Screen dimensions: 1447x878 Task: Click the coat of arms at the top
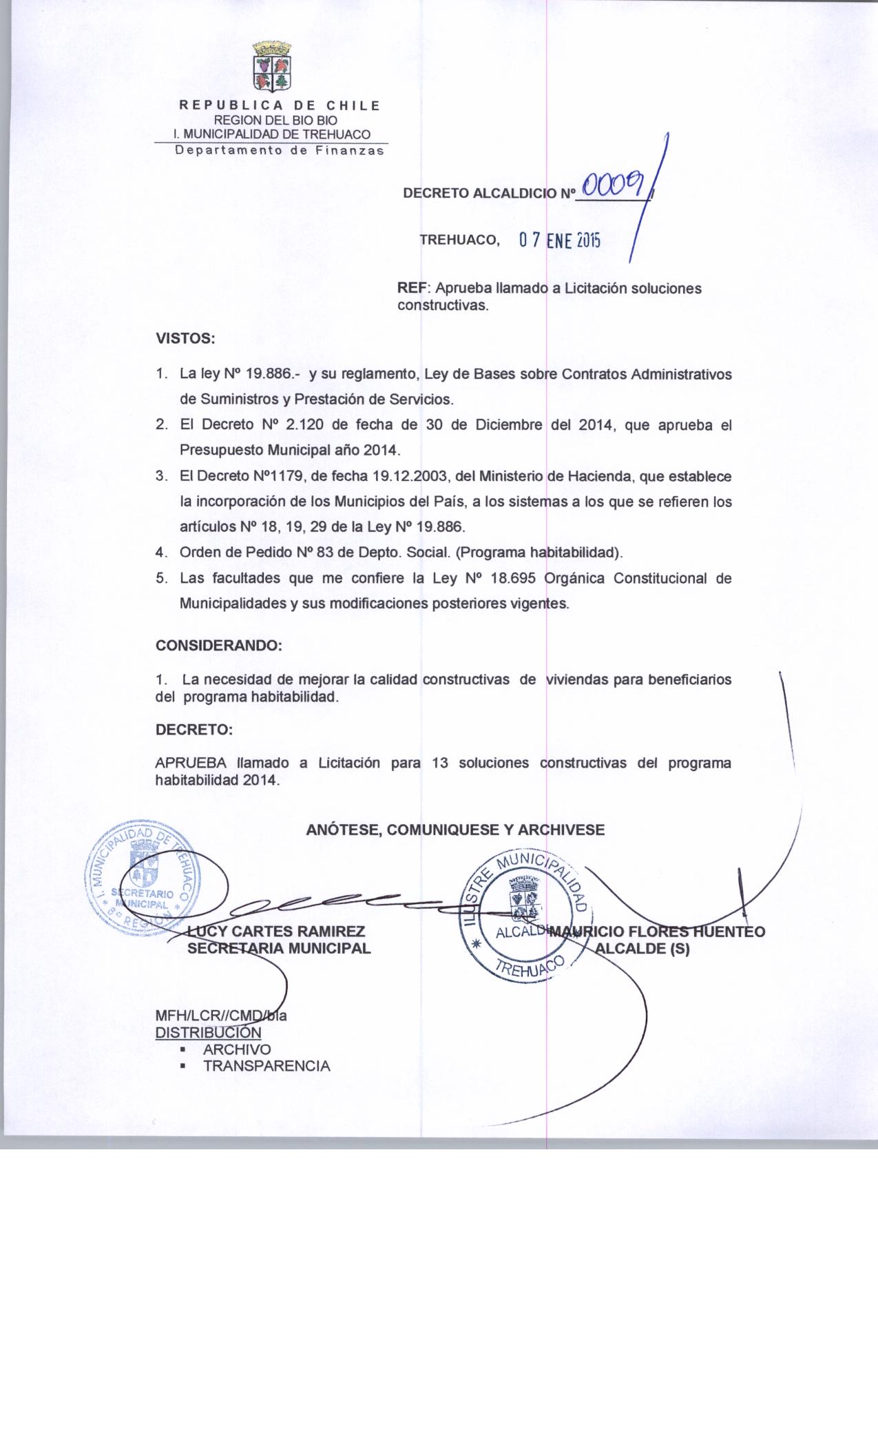pyautogui.click(x=273, y=68)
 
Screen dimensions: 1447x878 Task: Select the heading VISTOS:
pyautogui.click(x=186, y=339)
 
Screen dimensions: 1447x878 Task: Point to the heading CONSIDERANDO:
pyautogui.click(x=219, y=646)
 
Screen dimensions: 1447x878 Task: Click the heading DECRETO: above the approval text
pyautogui.click(x=194, y=730)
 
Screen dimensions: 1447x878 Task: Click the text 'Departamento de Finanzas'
pyautogui.click(x=279, y=151)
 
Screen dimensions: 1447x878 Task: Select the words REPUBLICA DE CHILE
pyautogui.click(x=280, y=106)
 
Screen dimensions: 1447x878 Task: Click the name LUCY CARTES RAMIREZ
pyautogui.click(x=276, y=932)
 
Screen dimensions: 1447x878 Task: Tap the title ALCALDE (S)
pyautogui.click(x=642, y=948)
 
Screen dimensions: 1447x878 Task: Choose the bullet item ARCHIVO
pyautogui.click(x=237, y=1049)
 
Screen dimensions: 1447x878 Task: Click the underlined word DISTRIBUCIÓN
pyautogui.click(x=208, y=1032)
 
